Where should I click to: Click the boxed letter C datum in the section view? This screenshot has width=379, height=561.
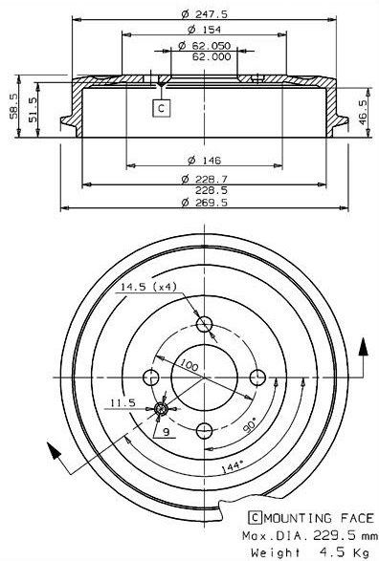(x=162, y=108)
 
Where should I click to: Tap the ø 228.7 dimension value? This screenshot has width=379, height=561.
(x=203, y=179)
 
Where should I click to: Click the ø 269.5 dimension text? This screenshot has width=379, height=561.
(x=203, y=203)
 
